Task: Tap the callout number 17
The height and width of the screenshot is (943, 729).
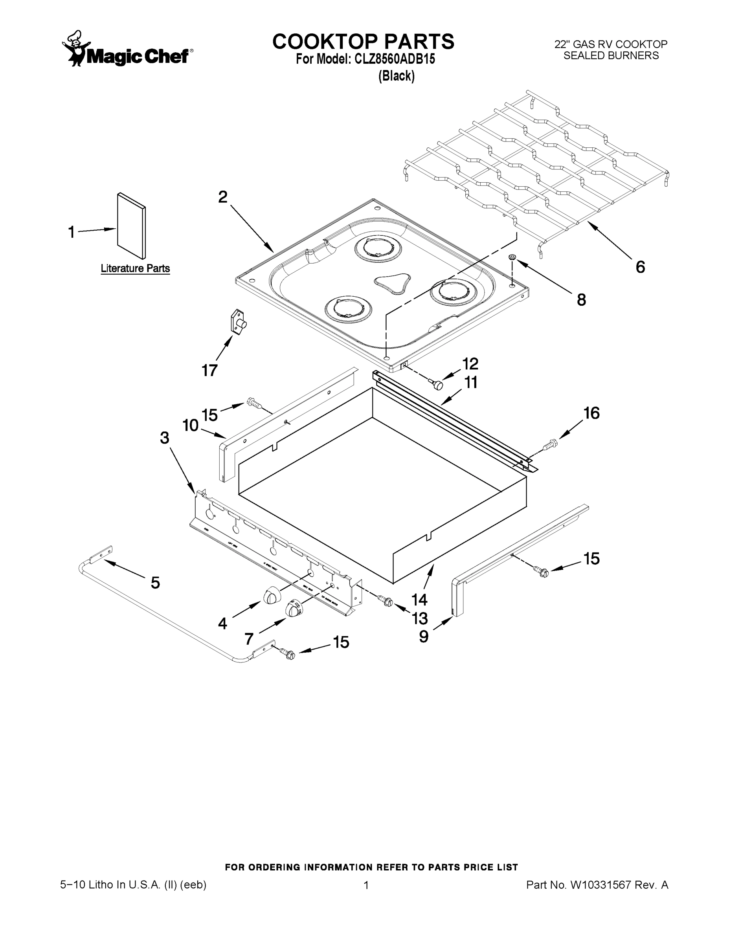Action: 209,371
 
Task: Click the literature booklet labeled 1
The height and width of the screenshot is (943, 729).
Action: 131,226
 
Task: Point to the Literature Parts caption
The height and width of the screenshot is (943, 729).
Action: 135,269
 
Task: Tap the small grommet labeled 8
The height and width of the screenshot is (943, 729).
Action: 512,257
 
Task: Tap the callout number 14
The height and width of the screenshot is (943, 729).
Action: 419,599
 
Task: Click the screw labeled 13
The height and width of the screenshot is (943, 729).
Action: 387,601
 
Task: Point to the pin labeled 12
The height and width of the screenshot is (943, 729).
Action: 437,383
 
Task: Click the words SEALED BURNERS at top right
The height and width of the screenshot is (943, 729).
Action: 611,56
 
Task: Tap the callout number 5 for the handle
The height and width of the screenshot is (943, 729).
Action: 156,583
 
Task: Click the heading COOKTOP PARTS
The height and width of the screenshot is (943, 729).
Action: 363,41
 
